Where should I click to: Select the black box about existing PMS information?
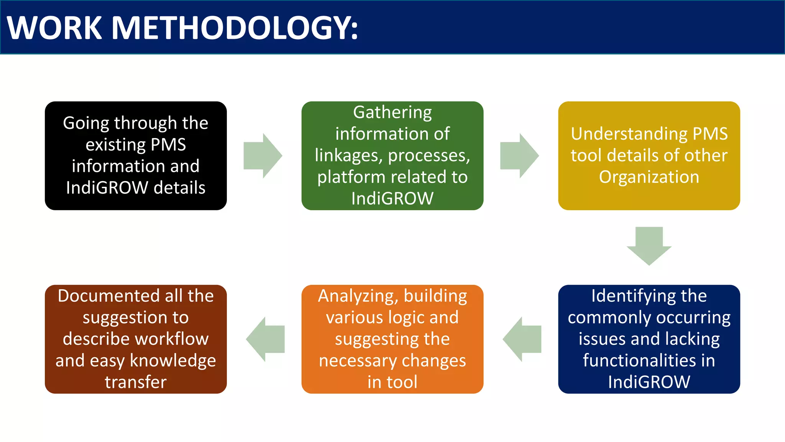coord(136,155)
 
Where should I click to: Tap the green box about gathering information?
coord(392,155)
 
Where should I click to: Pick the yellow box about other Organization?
coord(649,155)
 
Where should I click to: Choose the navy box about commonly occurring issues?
coord(649,339)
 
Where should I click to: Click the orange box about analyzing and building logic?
coord(392,339)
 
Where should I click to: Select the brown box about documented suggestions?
coord(136,339)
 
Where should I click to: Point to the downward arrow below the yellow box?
coord(649,246)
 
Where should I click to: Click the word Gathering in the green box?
coord(392,112)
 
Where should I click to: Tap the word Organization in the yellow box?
coord(649,177)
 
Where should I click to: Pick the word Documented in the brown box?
coord(108,296)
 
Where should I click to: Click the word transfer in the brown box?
coord(136,382)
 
